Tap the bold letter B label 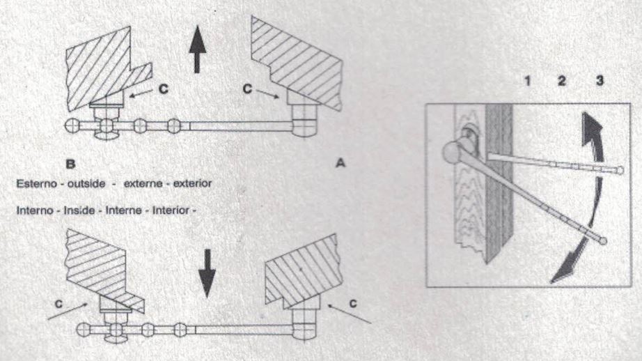pos(70,164)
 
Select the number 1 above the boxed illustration pos(529,82)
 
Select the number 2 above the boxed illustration pos(563,82)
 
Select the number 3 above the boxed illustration pos(600,82)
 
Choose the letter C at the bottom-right pos(353,305)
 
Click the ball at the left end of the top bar pos(71,126)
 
